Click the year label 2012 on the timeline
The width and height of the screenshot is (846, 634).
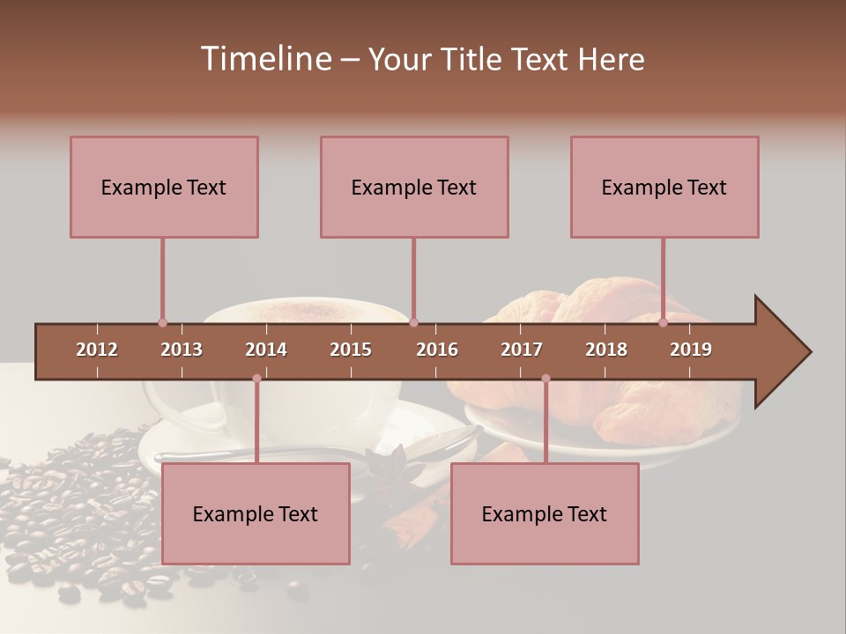point(97,350)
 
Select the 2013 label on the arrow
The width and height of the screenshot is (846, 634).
point(182,350)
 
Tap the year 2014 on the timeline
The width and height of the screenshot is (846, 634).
point(266,350)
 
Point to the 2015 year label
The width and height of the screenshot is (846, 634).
point(351,350)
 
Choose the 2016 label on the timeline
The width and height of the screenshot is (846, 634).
point(437,350)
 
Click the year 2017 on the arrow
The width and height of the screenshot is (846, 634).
point(522,350)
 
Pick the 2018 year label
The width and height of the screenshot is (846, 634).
point(606,350)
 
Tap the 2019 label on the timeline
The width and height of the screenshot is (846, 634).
point(691,350)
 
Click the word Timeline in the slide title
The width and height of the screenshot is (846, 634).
point(264,59)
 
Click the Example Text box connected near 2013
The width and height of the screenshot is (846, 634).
point(164,187)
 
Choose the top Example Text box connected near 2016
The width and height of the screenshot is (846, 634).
point(414,187)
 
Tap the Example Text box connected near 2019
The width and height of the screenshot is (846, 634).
point(664,187)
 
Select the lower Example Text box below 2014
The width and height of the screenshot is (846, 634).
point(256,513)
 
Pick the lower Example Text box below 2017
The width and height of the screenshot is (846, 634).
point(545,513)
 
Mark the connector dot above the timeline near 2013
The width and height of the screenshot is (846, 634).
point(162,323)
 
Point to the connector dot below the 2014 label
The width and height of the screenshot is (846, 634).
point(256,379)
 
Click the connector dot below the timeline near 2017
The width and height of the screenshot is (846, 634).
point(545,379)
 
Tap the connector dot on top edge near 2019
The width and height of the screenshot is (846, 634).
point(663,323)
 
